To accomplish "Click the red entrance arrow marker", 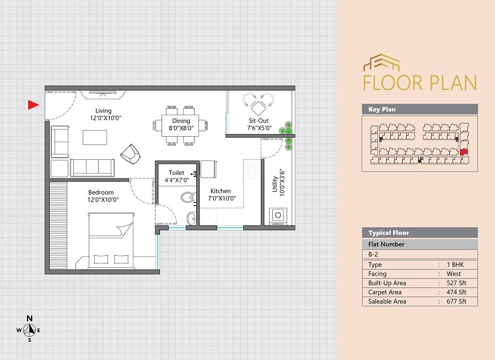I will (x=33, y=105).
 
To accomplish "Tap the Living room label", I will (x=103, y=111).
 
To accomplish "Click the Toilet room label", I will (x=176, y=173).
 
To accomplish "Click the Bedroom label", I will (x=101, y=192).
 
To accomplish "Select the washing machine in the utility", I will (x=278, y=216).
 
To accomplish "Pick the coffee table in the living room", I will (x=95, y=137).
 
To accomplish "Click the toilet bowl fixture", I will (x=187, y=197).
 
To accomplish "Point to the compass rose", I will (x=30, y=330).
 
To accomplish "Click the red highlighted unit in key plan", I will (x=464, y=152).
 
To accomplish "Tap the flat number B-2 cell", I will (x=419, y=255).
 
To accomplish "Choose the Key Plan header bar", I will (x=419, y=109).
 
